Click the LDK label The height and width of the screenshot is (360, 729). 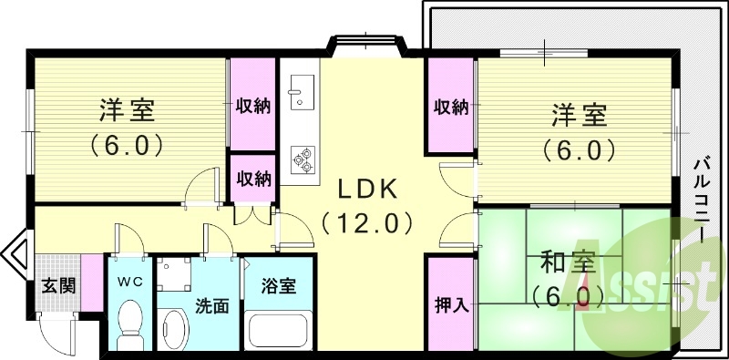pos(367,189)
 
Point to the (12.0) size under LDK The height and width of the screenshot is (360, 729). pos(367,221)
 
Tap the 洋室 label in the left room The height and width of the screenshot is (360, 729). pos(127,111)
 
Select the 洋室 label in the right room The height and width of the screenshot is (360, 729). pos(578,116)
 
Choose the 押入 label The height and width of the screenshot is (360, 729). pos(450,304)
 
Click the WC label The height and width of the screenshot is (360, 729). pos(130,282)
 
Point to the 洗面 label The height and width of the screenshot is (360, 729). pos(210,305)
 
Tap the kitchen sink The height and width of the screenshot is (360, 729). pos(298,90)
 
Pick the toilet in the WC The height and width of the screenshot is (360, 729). pos(130,324)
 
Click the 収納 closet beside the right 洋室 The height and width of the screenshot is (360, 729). pos(450,107)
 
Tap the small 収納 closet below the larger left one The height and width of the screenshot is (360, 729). pos(254,178)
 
